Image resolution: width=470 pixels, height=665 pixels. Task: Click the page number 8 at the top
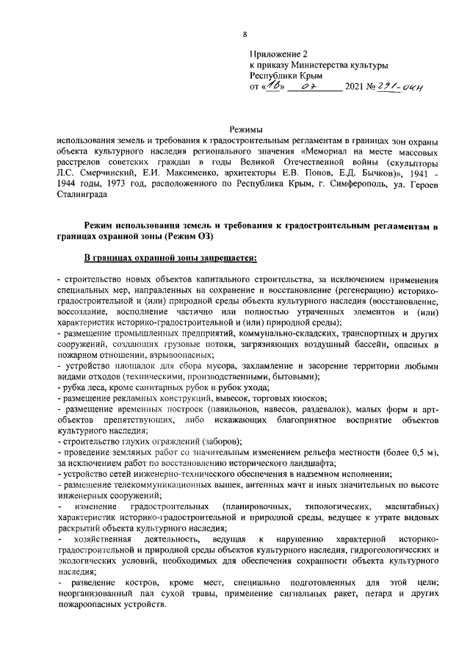tap(245, 33)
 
